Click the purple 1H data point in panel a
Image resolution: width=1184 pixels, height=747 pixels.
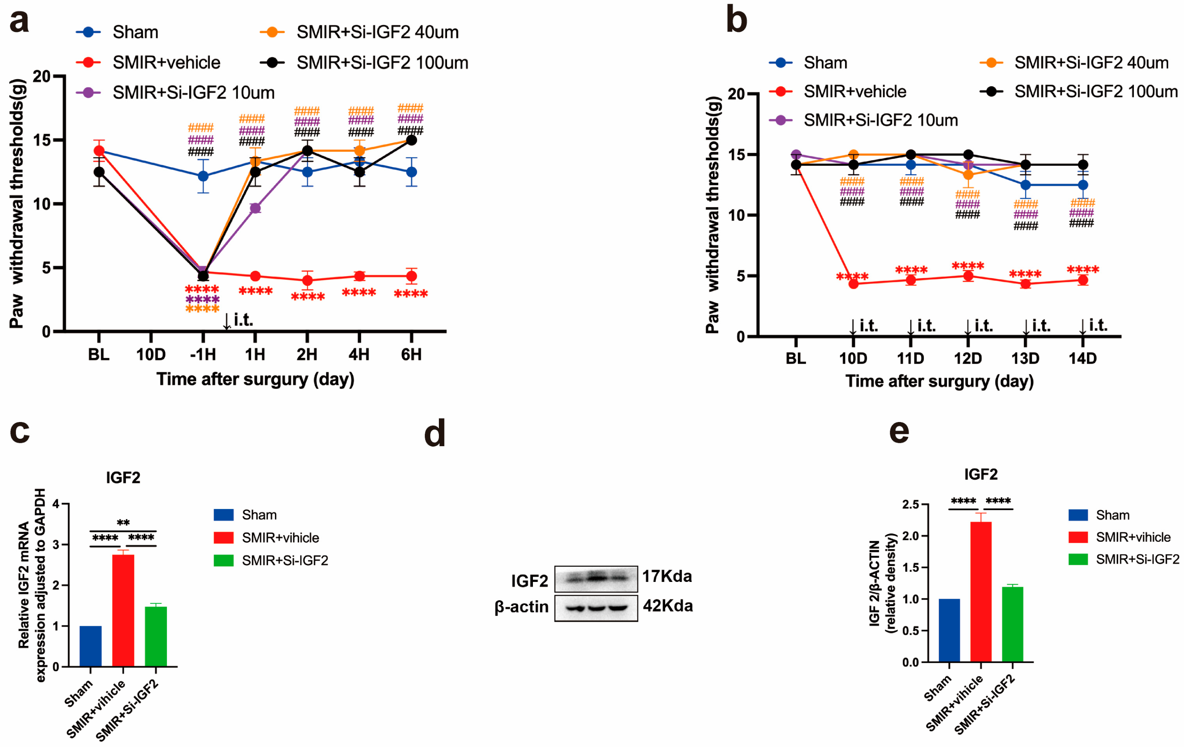[255, 208]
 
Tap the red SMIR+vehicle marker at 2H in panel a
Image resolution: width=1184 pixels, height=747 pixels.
[307, 280]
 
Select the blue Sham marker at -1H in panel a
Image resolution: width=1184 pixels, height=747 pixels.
[203, 176]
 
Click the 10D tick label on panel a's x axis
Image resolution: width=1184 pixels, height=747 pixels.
[151, 354]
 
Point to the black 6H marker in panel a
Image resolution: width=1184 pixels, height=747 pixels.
[411, 140]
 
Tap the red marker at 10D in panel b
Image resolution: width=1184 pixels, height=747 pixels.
[854, 283]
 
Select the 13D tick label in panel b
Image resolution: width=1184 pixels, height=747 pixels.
[1025, 358]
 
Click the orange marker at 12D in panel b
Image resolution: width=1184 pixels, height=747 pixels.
[968, 175]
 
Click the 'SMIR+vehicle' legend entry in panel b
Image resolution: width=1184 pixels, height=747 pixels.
[855, 91]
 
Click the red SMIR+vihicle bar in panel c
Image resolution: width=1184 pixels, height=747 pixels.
[123, 610]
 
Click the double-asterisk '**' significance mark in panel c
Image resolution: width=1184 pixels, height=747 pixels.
[123, 523]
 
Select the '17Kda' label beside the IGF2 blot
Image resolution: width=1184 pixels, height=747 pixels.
[667, 576]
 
